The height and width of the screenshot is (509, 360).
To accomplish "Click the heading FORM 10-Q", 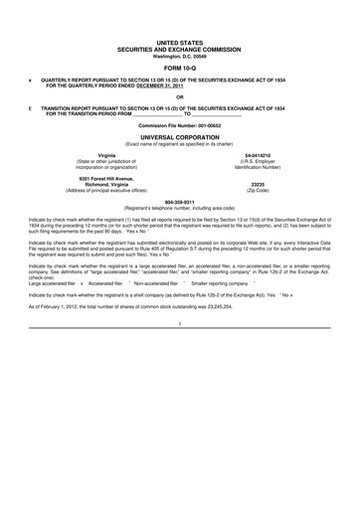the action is click(180, 68).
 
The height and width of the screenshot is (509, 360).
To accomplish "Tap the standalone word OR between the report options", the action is click(179, 96).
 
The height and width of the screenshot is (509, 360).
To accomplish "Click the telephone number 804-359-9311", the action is click(180, 201).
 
